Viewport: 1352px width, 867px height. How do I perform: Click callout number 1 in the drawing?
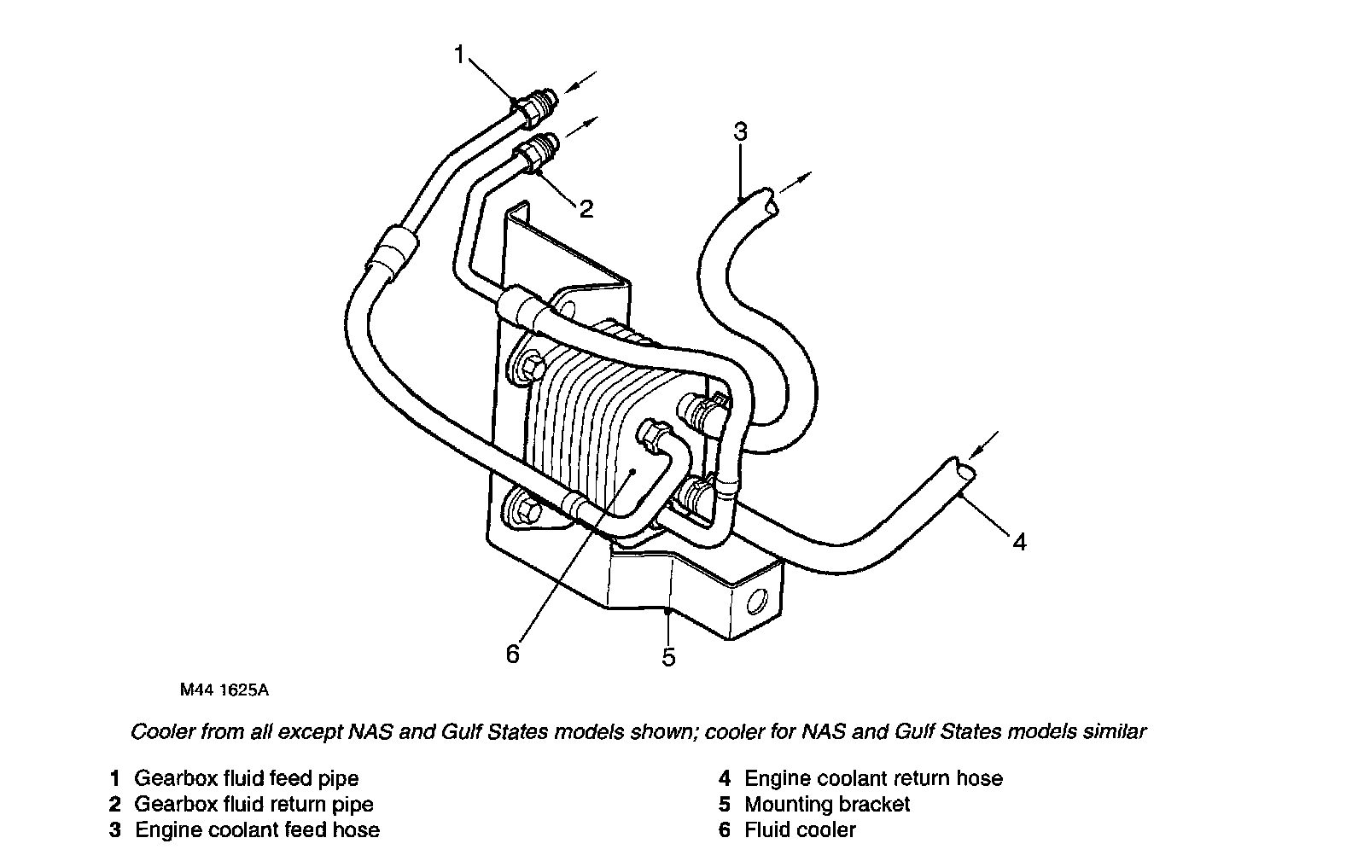pos(459,55)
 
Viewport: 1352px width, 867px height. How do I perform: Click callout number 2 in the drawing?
pos(586,209)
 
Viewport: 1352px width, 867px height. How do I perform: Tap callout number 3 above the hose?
pos(740,132)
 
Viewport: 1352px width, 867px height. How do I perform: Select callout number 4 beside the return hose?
pos(1019,541)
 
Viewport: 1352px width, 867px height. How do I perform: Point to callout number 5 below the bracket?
pos(669,656)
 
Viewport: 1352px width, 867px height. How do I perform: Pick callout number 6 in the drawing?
pos(512,654)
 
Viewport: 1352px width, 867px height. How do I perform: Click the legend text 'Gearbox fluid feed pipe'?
pos(247,778)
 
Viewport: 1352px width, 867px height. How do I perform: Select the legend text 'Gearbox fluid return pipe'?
pos(254,804)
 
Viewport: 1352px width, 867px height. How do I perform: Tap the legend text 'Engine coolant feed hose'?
pos(257,829)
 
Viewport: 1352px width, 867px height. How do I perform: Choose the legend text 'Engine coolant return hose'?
pos(873,778)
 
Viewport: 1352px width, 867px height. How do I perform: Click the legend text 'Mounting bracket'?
pos(827,804)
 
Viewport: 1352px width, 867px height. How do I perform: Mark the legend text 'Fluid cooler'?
pos(800,829)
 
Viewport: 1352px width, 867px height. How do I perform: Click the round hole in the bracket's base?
pos(756,603)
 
